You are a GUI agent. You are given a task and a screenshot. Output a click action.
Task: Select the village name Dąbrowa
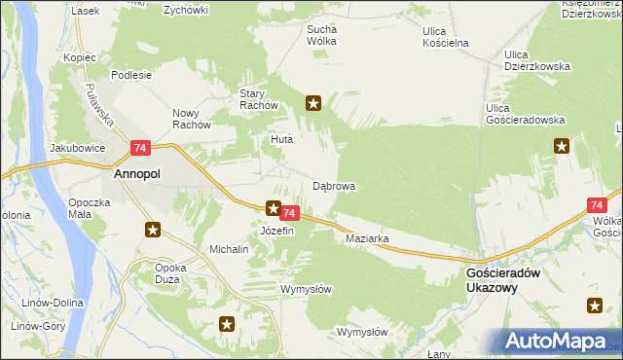[334, 185]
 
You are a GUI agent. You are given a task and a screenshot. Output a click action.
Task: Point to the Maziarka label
[367, 237]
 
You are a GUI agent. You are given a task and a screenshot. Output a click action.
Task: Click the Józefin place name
[276, 231]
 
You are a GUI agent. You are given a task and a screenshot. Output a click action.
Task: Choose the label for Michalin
[230, 249]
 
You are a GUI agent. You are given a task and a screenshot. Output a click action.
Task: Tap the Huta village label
[281, 139]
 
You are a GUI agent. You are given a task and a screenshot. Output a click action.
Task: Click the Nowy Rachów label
[192, 118]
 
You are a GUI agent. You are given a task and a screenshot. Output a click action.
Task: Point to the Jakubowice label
[76, 149]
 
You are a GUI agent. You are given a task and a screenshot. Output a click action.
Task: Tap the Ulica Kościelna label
[447, 37]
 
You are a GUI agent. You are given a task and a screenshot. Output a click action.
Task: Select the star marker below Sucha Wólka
[313, 102]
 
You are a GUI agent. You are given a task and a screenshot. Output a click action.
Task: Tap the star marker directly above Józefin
[275, 207]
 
